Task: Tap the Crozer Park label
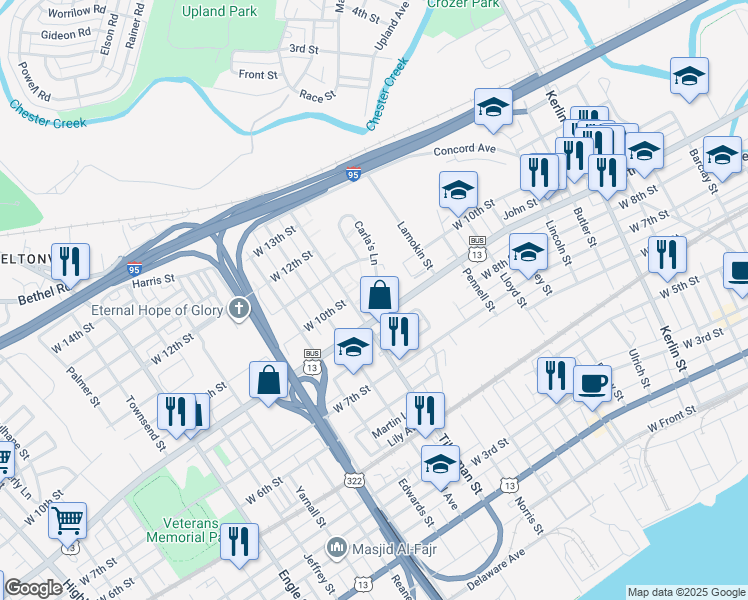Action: (x=462, y=4)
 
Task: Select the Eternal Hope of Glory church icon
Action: (x=238, y=309)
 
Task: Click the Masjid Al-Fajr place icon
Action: (x=337, y=548)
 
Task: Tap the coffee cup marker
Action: (x=592, y=382)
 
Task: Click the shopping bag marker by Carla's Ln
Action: (x=380, y=295)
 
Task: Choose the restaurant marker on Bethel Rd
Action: (x=70, y=261)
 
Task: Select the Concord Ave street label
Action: (x=464, y=150)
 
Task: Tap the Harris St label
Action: (x=153, y=280)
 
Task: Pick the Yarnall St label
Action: (x=311, y=506)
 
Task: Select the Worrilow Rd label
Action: (x=69, y=11)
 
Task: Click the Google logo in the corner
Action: (x=33, y=588)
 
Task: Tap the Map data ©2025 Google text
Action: (x=686, y=592)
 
